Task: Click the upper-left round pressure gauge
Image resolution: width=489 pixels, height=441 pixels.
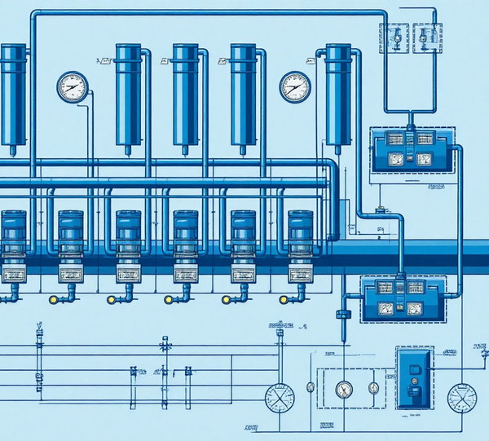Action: coord(72,86)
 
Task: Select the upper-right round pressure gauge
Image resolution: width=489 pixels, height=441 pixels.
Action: coord(295,86)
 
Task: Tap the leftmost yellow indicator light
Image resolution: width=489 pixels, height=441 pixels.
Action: coord(54,300)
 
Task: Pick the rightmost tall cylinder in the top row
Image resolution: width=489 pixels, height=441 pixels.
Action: coord(338,94)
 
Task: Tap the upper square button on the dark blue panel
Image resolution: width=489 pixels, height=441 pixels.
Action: coord(415,370)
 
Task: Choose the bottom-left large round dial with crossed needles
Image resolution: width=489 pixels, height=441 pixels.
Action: coord(279,397)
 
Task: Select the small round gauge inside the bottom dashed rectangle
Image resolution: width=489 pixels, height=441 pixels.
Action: coord(344,390)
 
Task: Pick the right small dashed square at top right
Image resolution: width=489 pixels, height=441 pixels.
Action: coord(427,37)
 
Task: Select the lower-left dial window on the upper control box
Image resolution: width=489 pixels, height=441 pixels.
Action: coord(396,159)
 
